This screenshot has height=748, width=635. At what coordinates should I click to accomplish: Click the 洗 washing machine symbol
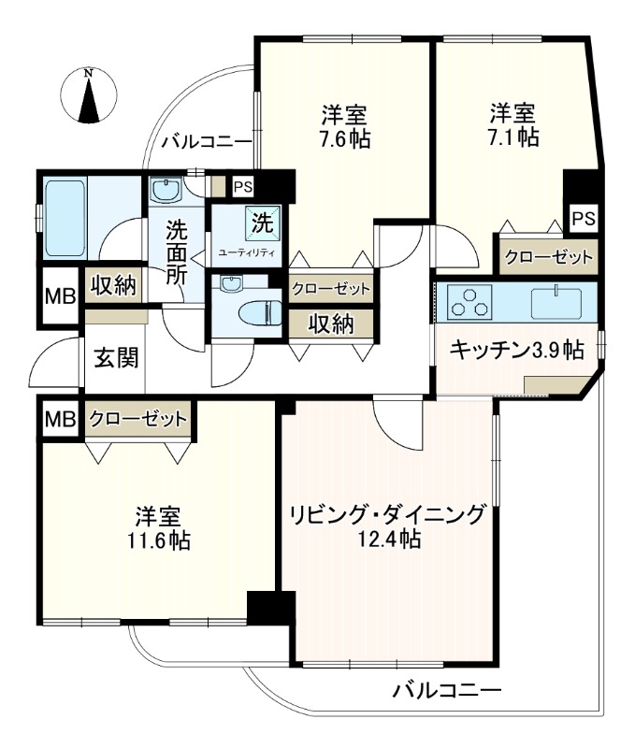coord(262,223)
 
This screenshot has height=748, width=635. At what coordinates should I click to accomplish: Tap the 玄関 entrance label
coord(116,357)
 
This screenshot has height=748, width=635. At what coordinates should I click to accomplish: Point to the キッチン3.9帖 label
coord(516,350)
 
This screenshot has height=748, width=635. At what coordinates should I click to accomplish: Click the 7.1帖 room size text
coord(513,137)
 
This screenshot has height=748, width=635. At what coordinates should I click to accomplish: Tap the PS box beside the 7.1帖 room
coord(584,219)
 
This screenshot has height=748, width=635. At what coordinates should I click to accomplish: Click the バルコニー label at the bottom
coord(446,693)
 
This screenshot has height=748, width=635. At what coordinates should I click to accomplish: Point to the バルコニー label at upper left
coord(206,142)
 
